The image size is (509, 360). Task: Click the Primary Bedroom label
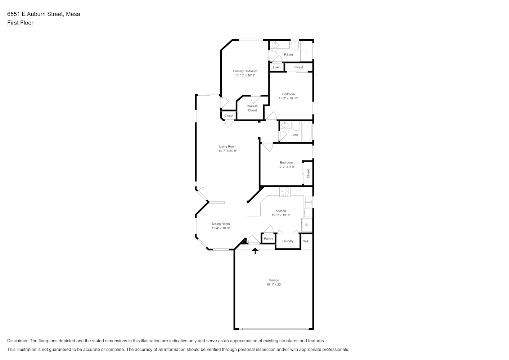(x=245, y=71)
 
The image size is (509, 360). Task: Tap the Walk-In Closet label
(x=252, y=108)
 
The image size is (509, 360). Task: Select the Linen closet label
(x=276, y=67)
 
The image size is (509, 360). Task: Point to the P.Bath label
(x=288, y=55)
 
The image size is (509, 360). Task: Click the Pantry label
(x=269, y=239)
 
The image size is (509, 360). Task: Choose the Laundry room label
(x=288, y=241)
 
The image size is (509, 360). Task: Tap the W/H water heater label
(x=306, y=241)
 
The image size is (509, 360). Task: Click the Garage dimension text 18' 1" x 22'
(x=274, y=284)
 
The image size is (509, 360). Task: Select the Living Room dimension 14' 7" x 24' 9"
(x=228, y=151)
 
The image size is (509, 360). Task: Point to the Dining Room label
(x=221, y=224)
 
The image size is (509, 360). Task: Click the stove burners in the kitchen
(x=285, y=192)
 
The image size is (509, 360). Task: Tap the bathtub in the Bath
(x=307, y=131)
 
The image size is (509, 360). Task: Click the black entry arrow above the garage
(x=255, y=251)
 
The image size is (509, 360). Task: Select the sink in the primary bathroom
(x=275, y=45)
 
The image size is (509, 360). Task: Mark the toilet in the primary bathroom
(x=295, y=45)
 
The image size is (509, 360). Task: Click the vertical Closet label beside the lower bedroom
(x=308, y=174)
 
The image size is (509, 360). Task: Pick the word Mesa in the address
(x=73, y=14)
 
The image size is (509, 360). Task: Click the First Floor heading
(x=20, y=23)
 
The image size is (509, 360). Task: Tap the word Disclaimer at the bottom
(x=18, y=341)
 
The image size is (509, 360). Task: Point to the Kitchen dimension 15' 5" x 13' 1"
(x=281, y=215)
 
